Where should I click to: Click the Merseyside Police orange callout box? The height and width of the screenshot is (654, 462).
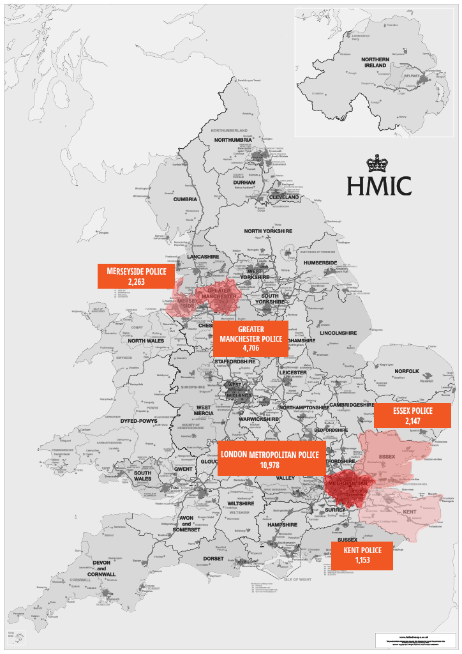point(136,276)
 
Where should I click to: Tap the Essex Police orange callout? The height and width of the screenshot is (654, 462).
point(413,416)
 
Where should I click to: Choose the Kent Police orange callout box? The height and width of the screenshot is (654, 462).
point(362,555)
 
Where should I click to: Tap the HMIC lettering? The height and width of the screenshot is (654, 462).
point(379,186)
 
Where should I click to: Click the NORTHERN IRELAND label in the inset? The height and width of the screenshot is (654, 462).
point(375,63)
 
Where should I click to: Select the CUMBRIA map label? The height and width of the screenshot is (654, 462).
point(185,199)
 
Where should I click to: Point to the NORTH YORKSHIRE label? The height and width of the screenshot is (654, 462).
point(268,231)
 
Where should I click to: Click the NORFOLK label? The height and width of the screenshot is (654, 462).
point(406,371)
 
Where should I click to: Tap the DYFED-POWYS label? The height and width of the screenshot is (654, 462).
point(140,422)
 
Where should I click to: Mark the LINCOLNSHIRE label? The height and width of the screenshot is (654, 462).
point(338,333)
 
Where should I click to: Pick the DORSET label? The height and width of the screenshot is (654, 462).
point(213,558)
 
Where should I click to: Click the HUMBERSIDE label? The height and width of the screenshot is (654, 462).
point(320,262)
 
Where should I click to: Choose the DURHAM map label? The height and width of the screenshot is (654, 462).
point(244,182)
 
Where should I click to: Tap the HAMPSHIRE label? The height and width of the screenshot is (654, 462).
point(283,524)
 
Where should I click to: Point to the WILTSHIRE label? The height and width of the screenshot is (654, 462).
point(239,504)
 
